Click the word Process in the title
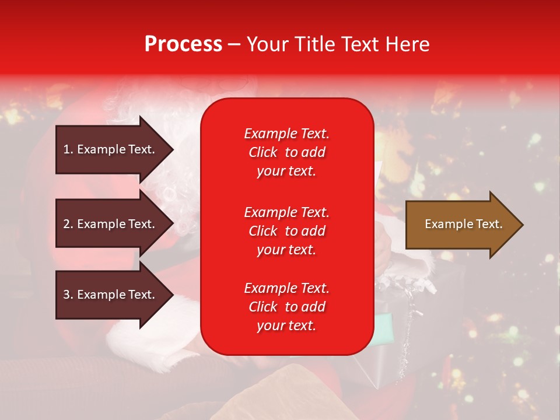183,44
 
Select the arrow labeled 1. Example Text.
111,149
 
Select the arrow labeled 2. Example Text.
111,224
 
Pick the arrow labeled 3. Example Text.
111,295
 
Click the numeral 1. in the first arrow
68,149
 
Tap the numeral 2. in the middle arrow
68,224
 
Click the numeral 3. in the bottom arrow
68,295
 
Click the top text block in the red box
286,152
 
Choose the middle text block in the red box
286,231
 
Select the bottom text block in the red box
286,307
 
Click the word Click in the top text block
263,152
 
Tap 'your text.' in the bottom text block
286,325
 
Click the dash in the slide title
235,44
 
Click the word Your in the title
266,44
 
